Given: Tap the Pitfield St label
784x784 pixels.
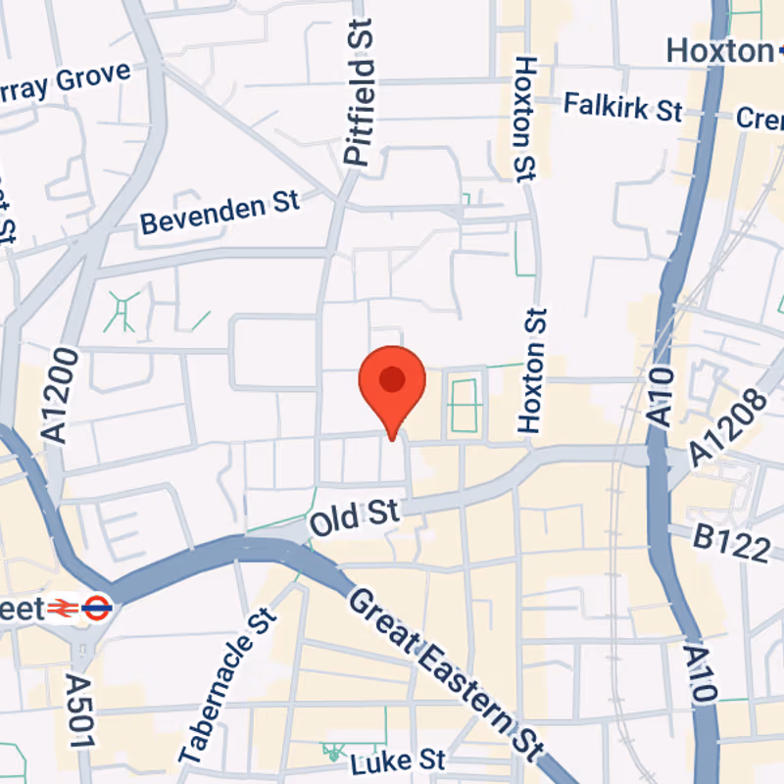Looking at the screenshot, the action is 360,96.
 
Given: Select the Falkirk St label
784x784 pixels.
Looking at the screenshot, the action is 622,106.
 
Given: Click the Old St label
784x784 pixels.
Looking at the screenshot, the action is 354,516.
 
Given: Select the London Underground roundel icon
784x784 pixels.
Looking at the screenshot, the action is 96,609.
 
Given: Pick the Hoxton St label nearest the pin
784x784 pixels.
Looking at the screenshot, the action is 533,370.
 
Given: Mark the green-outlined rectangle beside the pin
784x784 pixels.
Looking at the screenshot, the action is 465,402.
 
